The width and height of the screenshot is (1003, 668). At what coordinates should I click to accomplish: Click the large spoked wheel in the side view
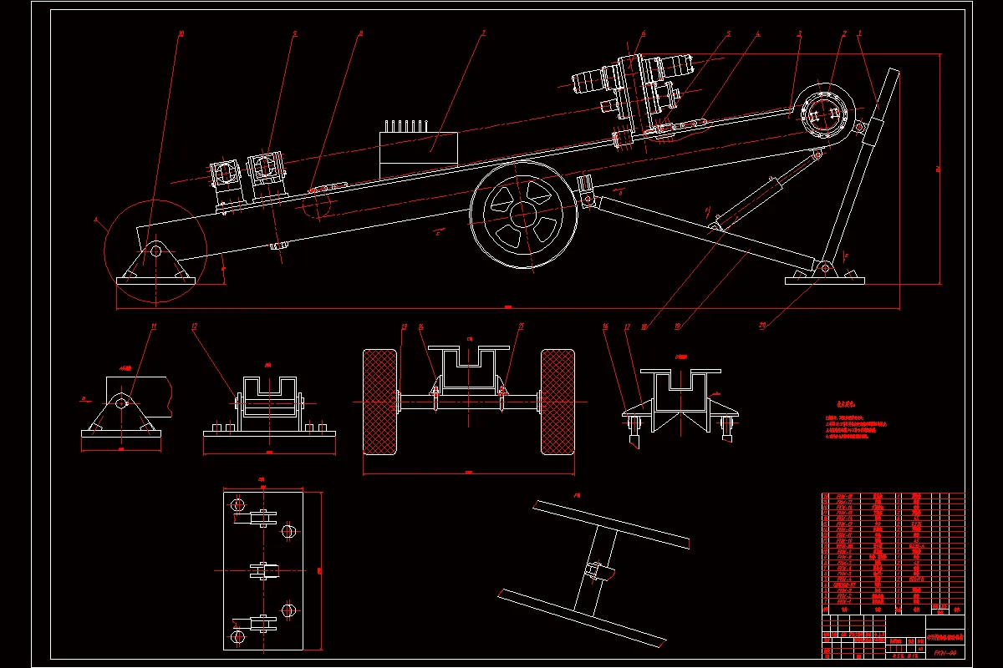524,215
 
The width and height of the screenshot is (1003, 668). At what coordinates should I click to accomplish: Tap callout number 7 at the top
483,34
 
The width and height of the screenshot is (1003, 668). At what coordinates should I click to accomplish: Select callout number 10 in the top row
181,34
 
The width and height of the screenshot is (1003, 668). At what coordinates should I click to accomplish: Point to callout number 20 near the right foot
762,326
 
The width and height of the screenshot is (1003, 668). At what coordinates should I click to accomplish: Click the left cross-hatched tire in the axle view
379,402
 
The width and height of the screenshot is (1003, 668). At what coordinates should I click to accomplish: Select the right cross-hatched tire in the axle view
558,402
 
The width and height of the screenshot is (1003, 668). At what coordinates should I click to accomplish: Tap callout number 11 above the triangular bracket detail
154,326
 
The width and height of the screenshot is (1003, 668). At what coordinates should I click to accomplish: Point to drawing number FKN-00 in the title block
944,652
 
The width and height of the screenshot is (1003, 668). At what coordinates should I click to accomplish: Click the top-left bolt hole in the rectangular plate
238,505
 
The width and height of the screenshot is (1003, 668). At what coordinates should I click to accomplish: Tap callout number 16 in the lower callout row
605,326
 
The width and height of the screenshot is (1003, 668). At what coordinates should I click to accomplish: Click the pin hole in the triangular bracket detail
122,402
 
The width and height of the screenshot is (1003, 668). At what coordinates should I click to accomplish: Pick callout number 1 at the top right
860,34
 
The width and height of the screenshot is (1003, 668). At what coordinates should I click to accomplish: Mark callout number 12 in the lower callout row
194,326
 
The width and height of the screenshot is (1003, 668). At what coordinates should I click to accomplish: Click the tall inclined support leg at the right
861,175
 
